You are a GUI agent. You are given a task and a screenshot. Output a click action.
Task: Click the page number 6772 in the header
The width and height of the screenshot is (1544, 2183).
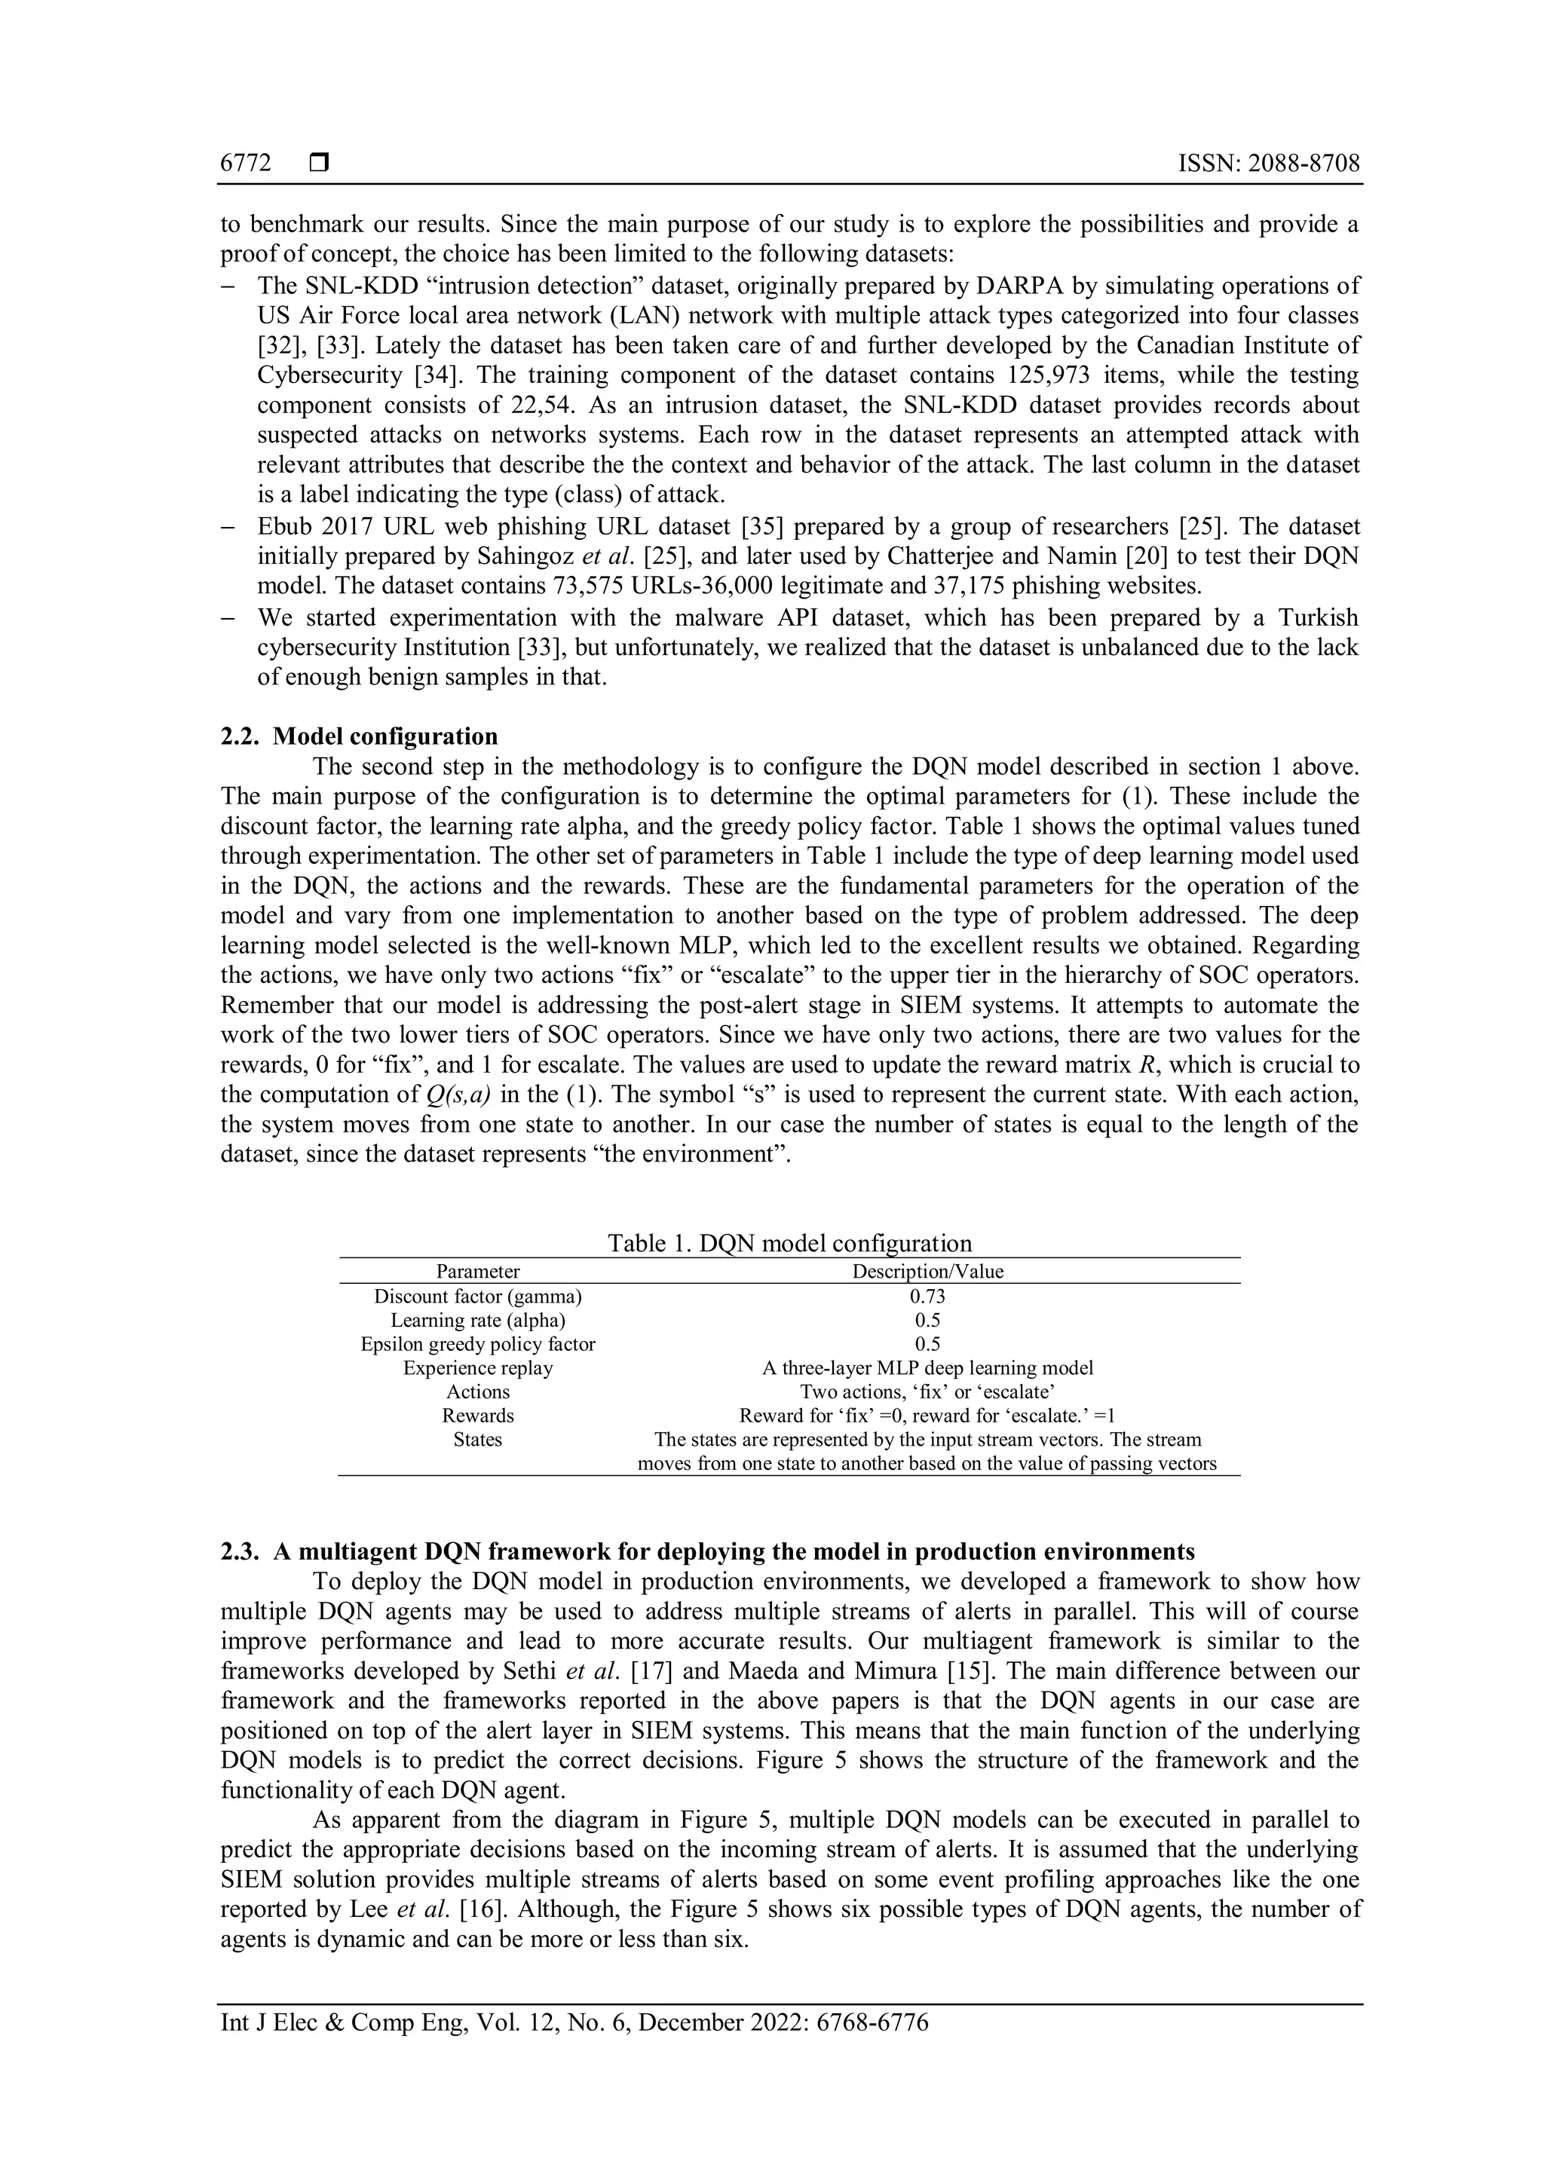pyautogui.click(x=245, y=164)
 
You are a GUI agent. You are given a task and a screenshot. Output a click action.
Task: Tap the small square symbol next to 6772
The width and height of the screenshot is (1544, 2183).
pyautogui.click(x=318, y=164)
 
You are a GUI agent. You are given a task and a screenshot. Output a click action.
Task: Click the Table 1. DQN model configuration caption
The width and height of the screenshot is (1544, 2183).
pyautogui.click(x=789, y=1243)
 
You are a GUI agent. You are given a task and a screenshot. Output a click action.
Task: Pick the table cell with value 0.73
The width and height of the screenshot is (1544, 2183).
pyautogui.click(x=927, y=1296)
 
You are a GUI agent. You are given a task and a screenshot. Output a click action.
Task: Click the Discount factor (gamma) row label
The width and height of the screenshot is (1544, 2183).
pyautogui.click(x=477, y=1296)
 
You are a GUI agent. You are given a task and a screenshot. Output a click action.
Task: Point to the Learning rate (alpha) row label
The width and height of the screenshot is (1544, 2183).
pyautogui.click(x=477, y=1320)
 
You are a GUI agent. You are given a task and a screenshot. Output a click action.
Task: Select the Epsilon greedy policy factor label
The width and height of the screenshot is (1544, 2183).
pyautogui.click(x=477, y=1343)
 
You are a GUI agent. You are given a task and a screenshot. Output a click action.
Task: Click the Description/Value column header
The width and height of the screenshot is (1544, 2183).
pyautogui.click(x=927, y=1271)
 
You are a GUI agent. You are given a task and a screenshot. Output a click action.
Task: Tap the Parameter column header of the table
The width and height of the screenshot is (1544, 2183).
pyautogui.click(x=477, y=1271)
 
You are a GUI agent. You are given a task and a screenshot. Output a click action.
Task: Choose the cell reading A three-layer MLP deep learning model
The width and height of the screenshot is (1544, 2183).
pyautogui.click(x=927, y=1367)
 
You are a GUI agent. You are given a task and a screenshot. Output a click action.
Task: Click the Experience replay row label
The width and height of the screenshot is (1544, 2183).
pyautogui.click(x=477, y=1367)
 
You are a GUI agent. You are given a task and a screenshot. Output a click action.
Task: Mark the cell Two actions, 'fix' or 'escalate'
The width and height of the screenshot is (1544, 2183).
pyautogui.click(x=927, y=1391)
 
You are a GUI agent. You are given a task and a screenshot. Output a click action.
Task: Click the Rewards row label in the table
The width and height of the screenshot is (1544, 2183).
pyautogui.click(x=477, y=1415)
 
